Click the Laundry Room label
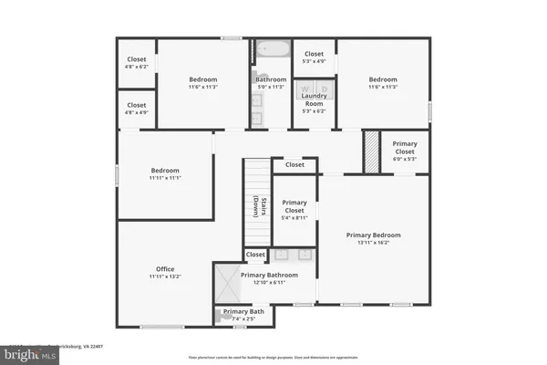[x=314, y=99]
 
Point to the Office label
[x=165, y=269]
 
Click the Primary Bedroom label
[x=373, y=235]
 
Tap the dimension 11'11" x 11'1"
[x=165, y=179]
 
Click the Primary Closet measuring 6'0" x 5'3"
[x=405, y=148]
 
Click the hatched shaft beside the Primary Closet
[x=371, y=151]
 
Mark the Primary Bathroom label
[x=269, y=275]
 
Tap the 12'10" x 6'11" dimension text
[x=269, y=283]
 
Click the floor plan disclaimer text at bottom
[x=273, y=357]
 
